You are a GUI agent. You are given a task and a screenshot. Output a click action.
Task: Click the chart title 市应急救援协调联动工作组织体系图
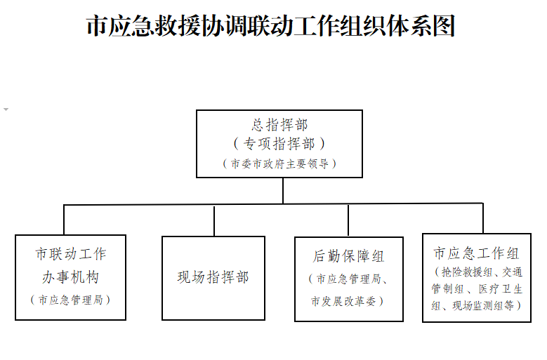[271, 25]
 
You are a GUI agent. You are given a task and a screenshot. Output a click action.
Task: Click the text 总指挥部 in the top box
[279, 125]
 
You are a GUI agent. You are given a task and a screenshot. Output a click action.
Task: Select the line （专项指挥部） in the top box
[279, 144]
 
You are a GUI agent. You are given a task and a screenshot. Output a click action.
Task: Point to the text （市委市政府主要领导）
[279, 164]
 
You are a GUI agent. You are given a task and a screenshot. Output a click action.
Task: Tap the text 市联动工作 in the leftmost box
[71, 254]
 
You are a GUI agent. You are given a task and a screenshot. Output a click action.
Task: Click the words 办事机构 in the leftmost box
[71, 277]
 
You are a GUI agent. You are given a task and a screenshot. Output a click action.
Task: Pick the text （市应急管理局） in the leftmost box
[70, 300]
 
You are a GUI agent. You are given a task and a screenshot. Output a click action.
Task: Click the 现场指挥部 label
[213, 277]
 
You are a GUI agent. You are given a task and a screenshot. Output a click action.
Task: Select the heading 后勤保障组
[348, 256]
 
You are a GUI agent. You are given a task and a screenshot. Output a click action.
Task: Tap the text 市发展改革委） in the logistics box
[348, 301]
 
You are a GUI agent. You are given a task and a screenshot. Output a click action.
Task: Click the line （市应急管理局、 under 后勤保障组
[348, 279]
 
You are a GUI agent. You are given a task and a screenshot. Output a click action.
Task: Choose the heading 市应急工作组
[477, 253]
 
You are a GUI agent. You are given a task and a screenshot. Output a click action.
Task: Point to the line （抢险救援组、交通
[478, 272]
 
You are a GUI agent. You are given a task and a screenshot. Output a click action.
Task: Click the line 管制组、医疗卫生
[477, 288]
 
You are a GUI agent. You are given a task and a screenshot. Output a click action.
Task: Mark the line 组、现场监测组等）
[477, 306]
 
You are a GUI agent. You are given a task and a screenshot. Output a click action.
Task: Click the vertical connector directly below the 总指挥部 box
[283, 191]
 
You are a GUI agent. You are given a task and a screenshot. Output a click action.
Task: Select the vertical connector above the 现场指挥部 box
[214, 221]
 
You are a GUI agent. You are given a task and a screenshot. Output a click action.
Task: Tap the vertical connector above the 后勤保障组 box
[348, 220]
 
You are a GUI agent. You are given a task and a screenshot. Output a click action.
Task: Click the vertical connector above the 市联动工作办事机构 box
[64, 220]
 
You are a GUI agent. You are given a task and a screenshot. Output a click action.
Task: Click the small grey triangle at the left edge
[6, 109]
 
